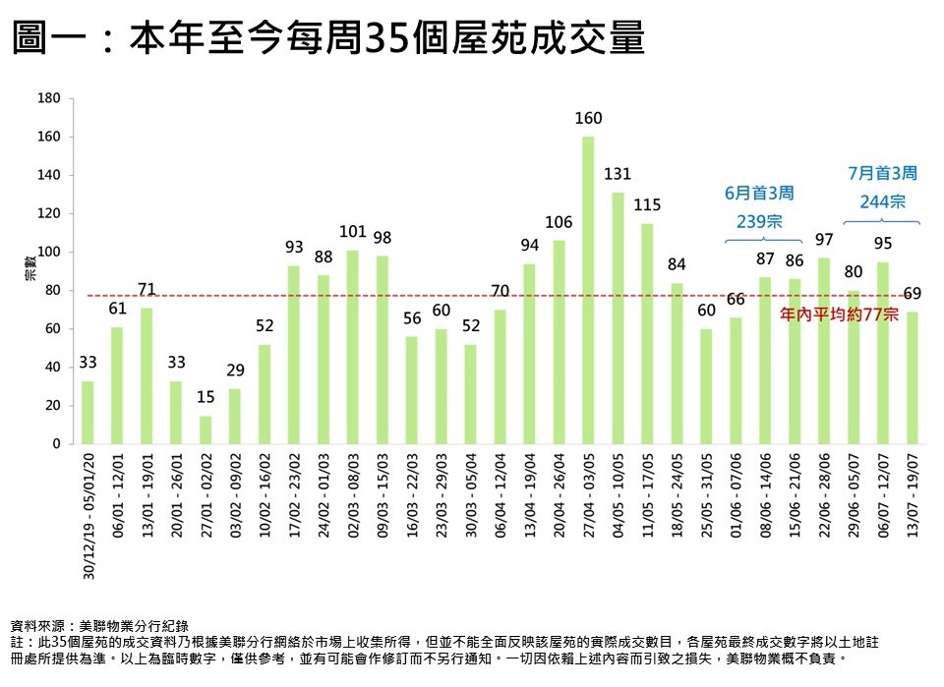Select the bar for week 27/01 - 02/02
(206, 429)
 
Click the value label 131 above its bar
(618, 175)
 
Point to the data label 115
(647, 205)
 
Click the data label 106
(559, 222)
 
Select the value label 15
(206, 397)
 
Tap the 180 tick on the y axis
(49, 99)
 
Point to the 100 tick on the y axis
(49, 253)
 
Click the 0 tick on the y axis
(57, 444)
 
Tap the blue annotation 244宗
(882, 200)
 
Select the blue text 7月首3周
(882, 173)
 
